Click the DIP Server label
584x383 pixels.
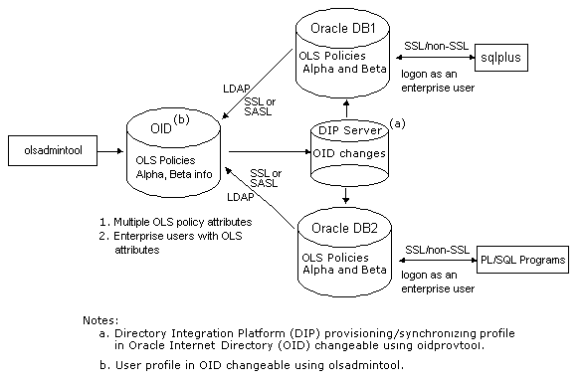coord(344,130)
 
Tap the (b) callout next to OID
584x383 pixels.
coord(181,121)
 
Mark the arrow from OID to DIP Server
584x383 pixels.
coord(269,152)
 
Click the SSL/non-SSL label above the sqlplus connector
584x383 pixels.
coord(433,46)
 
